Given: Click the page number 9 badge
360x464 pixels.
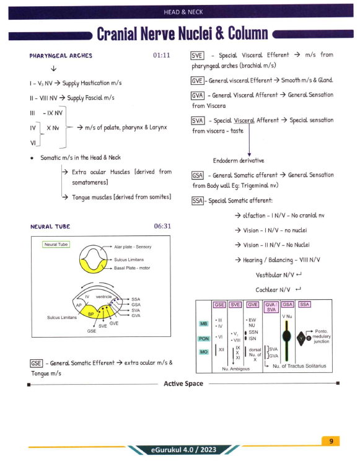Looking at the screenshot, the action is coord(331,441).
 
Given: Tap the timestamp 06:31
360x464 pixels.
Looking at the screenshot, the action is coord(162,226).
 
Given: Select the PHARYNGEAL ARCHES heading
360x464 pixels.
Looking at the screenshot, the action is coord(61,56).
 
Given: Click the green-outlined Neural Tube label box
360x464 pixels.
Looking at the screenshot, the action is coord(56,245).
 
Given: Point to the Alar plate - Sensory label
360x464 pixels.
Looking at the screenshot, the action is coord(133,247).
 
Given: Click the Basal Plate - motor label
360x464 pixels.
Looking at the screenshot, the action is coord(132,268).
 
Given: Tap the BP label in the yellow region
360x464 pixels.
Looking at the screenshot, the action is coord(91,314).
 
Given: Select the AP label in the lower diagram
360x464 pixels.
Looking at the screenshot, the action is coord(79,305).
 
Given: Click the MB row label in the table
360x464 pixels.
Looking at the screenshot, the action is coord(204,324).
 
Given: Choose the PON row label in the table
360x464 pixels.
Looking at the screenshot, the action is coord(204,338).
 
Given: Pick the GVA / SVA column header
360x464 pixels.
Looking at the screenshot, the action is coord(271,307).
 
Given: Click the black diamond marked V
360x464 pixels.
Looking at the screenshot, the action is coord(301,338).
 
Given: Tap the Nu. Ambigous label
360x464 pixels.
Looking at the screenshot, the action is coord(236,369).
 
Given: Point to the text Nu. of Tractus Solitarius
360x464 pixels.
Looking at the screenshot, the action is coord(299,366).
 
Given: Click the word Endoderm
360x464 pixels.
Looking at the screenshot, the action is coord(226,160).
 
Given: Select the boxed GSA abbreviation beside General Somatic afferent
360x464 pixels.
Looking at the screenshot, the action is coord(198,175).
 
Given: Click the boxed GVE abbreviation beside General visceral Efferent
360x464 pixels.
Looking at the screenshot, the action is coord(197,81).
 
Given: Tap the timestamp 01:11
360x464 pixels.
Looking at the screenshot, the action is coord(162,55).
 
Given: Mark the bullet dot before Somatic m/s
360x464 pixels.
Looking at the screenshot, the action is coord(32,159).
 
